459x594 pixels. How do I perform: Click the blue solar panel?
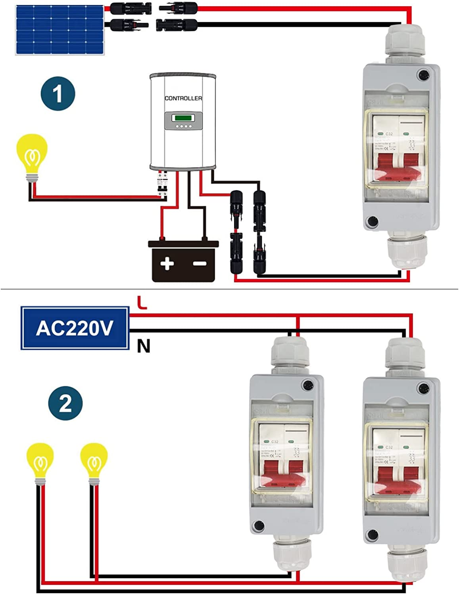(x=60, y=30)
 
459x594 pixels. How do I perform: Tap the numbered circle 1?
(x=58, y=94)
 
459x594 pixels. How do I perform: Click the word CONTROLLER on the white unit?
(x=183, y=98)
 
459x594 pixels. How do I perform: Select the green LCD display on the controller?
(x=183, y=118)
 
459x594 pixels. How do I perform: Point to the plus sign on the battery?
(x=167, y=263)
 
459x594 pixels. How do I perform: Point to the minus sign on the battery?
(x=200, y=263)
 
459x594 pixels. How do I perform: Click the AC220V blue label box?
(x=75, y=328)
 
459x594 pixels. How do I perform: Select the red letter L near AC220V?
(x=142, y=303)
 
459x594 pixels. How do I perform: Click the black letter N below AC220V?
(x=144, y=346)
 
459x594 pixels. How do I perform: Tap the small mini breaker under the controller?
(x=162, y=183)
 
